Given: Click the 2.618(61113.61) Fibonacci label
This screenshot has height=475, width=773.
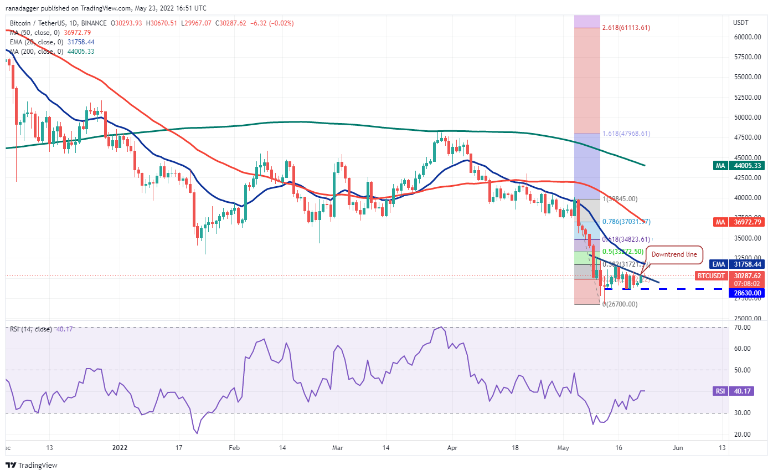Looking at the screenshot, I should (x=625, y=27).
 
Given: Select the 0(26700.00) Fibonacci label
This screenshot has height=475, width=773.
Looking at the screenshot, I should (x=619, y=304).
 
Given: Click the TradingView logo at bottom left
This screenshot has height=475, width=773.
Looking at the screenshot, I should (x=32, y=465).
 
